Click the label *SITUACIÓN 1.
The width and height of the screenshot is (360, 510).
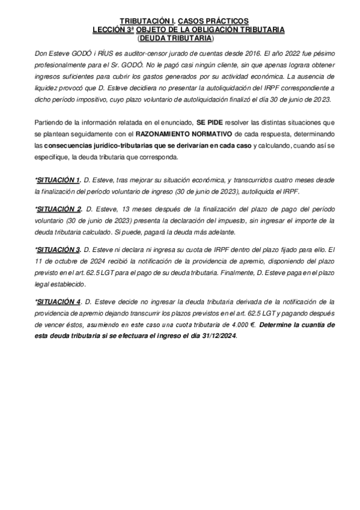coord(58,180)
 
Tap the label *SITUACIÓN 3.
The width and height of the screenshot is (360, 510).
coord(58,249)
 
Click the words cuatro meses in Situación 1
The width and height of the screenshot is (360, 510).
coord(281,180)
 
